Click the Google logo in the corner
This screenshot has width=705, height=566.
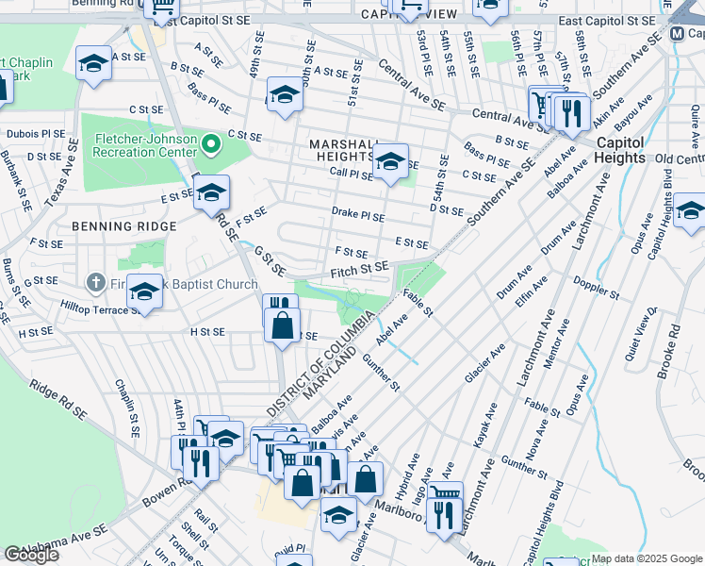[31, 555]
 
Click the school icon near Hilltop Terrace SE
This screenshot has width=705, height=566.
[144, 291]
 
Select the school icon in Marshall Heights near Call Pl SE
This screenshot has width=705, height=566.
[389, 161]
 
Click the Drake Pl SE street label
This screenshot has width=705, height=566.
[357, 215]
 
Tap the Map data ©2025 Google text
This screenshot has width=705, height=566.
[647, 558]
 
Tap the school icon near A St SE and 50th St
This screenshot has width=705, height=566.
[284, 94]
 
